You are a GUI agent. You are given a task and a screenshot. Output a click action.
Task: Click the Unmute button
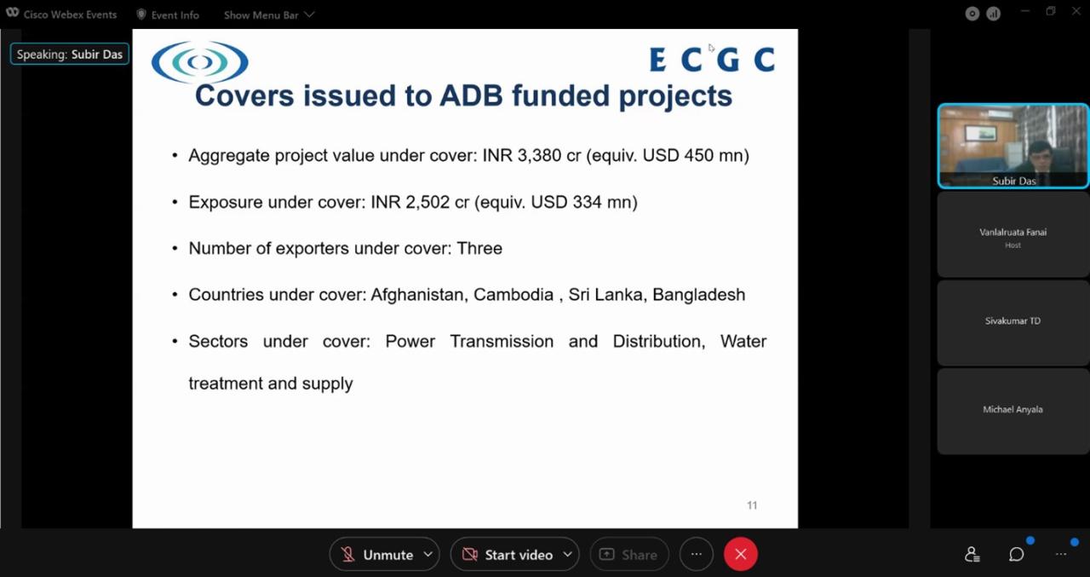click(x=384, y=554)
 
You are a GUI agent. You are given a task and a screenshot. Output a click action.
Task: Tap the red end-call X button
click(x=740, y=554)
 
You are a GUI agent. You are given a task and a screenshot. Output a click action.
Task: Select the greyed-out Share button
click(x=629, y=554)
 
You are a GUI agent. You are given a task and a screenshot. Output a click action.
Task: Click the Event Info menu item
click(x=168, y=15)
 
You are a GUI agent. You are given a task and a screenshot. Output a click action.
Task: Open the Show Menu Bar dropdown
click(x=268, y=15)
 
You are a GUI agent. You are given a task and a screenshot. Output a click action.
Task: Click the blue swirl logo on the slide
click(x=199, y=62)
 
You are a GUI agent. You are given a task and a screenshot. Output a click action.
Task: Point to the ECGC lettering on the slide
click(x=712, y=60)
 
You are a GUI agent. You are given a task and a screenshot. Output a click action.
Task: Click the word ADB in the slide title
click(x=471, y=95)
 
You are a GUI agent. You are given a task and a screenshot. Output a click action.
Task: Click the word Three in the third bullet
click(x=479, y=248)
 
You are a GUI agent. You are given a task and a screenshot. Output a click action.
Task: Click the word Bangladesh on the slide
click(x=699, y=295)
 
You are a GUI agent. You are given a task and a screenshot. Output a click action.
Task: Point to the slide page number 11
click(x=752, y=505)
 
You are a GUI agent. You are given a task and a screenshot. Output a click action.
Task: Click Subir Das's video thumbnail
click(x=1013, y=146)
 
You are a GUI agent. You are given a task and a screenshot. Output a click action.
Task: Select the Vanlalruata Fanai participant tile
click(x=1013, y=234)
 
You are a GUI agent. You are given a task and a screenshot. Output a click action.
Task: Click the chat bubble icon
click(x=1016, y=554)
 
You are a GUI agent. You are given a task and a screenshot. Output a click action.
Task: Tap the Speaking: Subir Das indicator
click(x=70, y=54)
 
